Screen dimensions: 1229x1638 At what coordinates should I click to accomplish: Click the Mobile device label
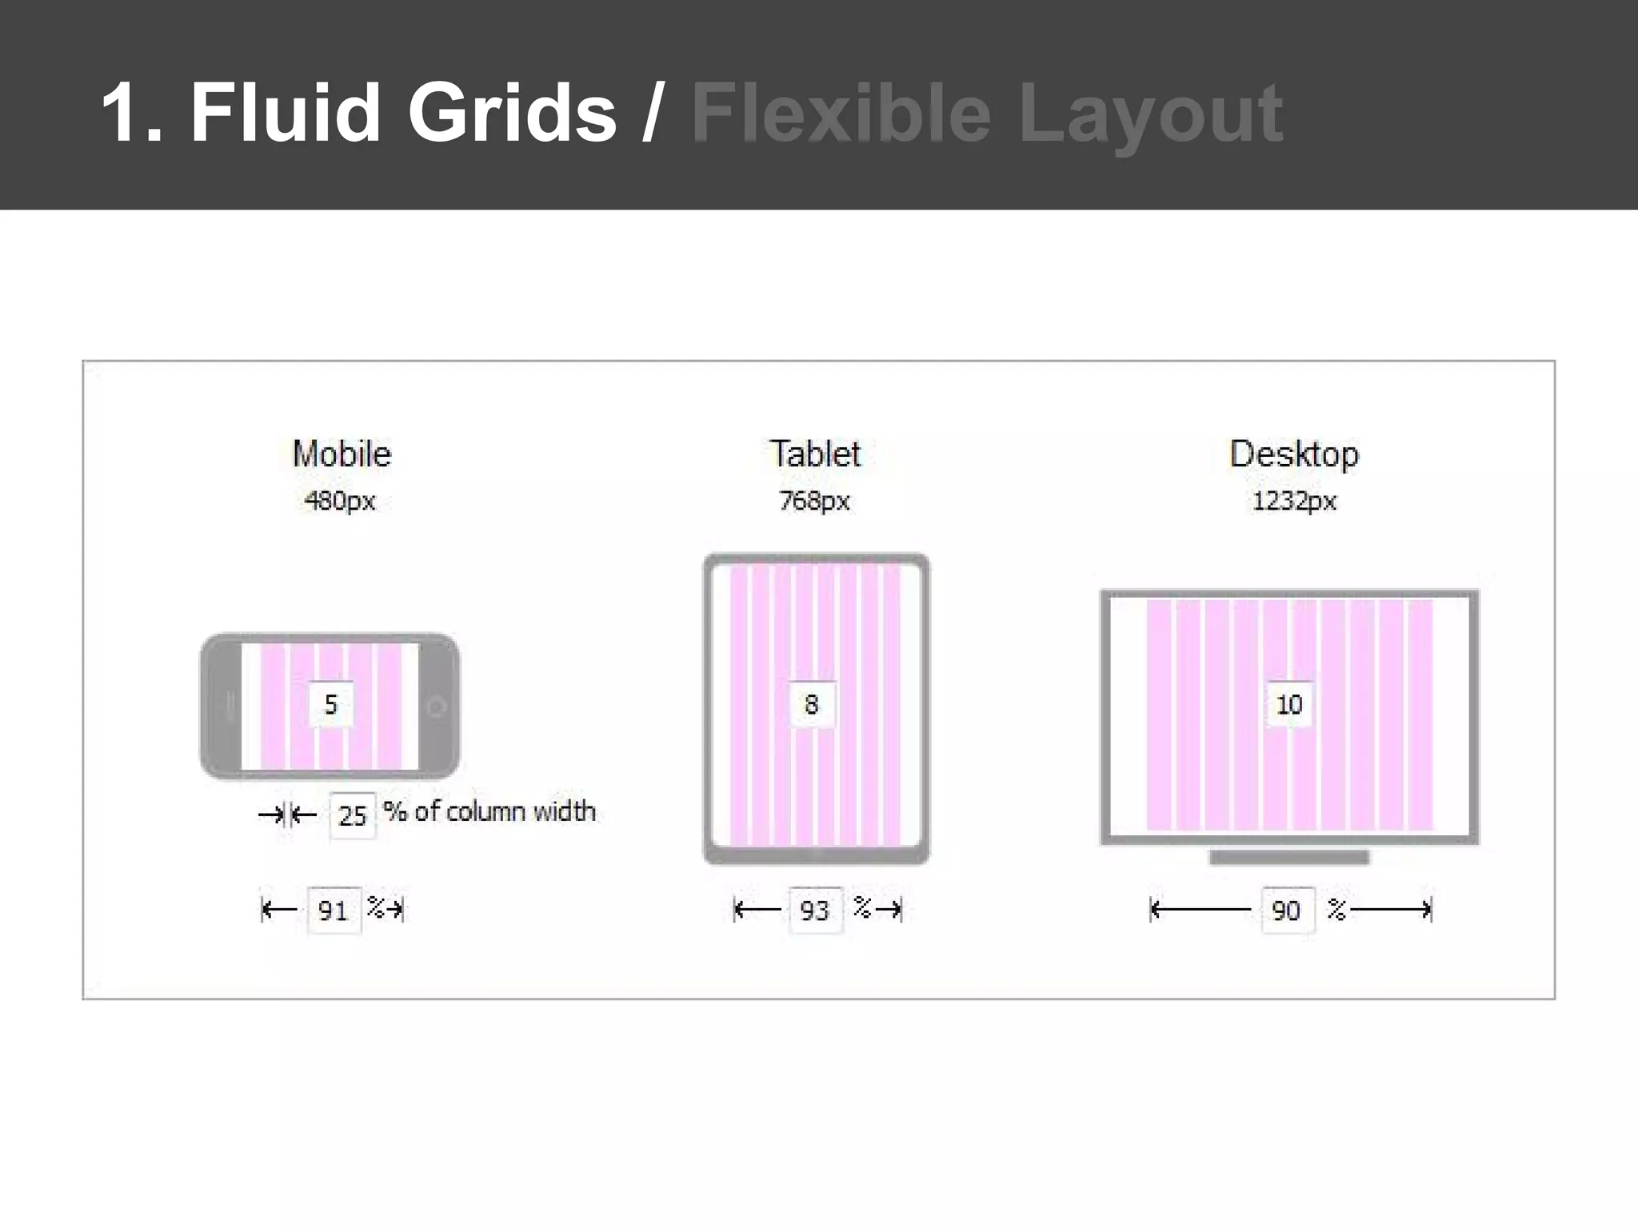[342, 454]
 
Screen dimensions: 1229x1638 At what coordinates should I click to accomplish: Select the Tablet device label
[815, 454]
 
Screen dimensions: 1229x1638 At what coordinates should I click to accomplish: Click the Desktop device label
[1293, 454]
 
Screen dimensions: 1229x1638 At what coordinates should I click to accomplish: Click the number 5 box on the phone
[331, 704]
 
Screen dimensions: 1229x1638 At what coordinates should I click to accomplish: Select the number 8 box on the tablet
[812, 704]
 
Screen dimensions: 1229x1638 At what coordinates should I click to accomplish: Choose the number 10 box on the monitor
[1289, 704]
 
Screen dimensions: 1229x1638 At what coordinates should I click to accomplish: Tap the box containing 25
[352, 815]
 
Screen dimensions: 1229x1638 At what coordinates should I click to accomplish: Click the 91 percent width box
[334, 910]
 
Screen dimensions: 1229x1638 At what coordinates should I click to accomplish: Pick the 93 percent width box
[815, 910]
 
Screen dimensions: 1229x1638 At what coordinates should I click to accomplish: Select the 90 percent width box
[1287, 910]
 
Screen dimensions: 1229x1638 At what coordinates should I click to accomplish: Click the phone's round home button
[437, 707]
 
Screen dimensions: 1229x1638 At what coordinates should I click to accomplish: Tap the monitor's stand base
[1289, 858]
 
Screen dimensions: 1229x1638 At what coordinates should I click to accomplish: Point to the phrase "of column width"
[505, 811]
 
